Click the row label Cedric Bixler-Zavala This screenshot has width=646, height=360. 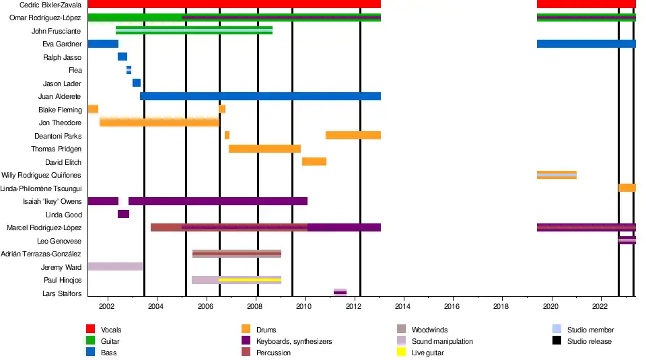point(50,5)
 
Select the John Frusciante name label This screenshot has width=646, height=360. point(56,31)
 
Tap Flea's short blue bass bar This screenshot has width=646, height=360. point(129,70)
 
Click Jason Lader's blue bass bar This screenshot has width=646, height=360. point(137,83)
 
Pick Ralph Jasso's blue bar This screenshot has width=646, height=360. point(122,57)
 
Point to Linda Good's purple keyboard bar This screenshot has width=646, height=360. point(123,214)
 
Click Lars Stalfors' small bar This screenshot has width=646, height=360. point(340,292)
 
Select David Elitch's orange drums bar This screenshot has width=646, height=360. point(314,161)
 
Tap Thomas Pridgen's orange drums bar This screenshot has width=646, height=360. point(264,149)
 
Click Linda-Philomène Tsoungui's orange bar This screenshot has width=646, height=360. point(627,188)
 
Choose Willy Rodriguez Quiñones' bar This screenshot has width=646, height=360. point(557,175)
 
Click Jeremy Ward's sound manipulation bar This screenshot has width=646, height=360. point(114,266)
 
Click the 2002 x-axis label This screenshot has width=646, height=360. point(106,308)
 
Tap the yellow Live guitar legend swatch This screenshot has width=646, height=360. point(402,352)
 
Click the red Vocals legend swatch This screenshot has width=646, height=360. point(90,329)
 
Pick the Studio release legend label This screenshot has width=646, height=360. point(589,341)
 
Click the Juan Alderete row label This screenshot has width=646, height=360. point(60,96)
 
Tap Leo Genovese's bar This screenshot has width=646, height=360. point(627,240)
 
